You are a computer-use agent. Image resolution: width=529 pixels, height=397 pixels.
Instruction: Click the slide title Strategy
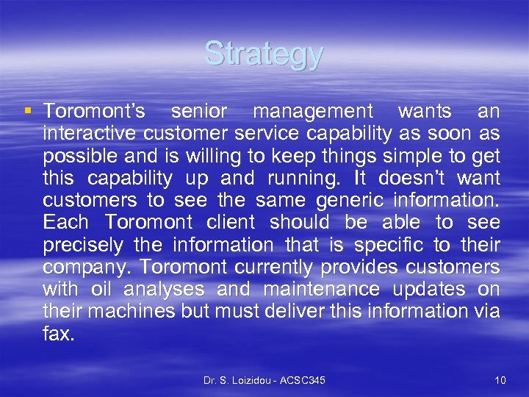[264, 54]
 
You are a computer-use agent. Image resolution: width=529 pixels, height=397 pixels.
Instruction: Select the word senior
[198, 112]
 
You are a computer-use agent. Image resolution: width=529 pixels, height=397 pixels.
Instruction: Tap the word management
[313, 112]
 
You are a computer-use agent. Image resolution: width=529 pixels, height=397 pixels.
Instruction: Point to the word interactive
[90, 134]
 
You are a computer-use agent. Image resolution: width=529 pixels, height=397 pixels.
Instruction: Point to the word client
[228, 223]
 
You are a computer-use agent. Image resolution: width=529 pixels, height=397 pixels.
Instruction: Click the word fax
[58, 334]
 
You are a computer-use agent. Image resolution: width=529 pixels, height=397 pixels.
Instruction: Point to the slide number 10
[500, 379]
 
